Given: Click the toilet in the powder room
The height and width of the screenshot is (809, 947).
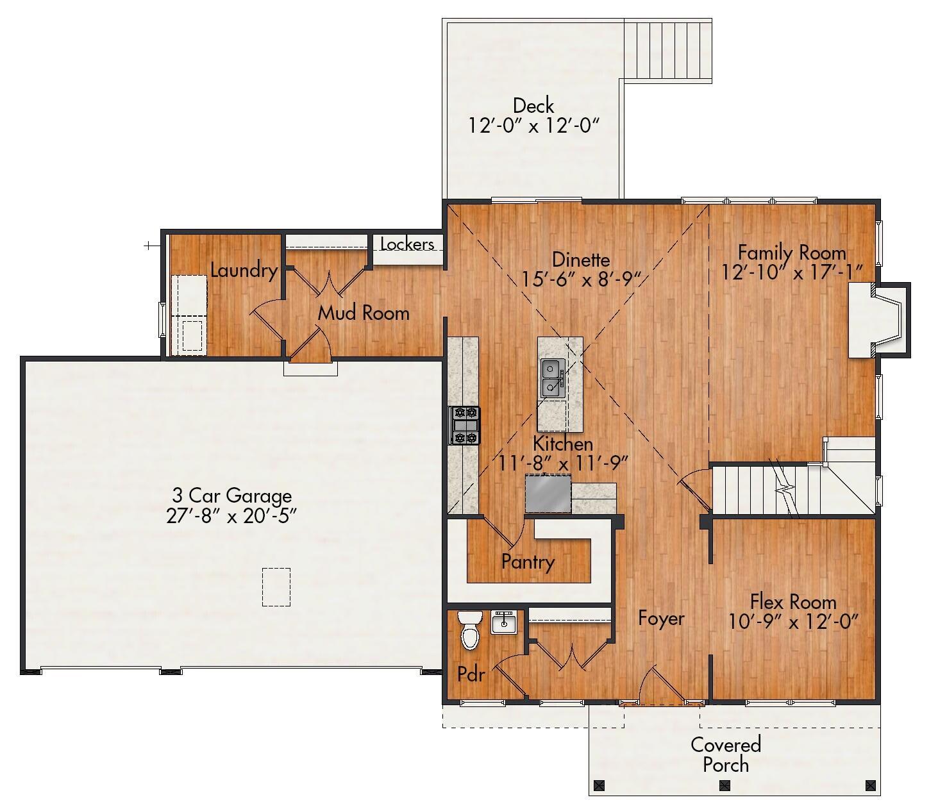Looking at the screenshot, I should (x=470, y=631).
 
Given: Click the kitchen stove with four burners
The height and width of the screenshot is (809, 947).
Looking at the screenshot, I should (x=464, y=426).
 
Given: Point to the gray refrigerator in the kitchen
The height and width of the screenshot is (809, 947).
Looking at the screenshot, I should (x=548, y=494).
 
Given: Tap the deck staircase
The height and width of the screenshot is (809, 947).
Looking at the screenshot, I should (x=668, y=50).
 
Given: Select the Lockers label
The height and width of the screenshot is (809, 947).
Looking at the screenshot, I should (x=407, y=244).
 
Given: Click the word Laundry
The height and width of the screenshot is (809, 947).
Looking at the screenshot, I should (x=244, y=271).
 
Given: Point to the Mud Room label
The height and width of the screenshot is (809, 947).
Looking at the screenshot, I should (x=364, y=313).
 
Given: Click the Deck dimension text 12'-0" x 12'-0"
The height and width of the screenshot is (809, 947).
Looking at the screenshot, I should (x=533, y=125).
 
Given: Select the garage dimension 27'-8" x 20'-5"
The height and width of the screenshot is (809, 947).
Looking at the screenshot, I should (x=231, y=516).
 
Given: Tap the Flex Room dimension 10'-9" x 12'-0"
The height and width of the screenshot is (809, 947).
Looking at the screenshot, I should (x=793, y=621).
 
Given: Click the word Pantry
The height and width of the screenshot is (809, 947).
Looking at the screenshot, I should (x=528, y=562).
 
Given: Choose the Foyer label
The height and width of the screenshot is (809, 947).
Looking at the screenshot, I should (x=661, y=618).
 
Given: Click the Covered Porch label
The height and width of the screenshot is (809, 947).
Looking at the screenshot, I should (x=725, y=755).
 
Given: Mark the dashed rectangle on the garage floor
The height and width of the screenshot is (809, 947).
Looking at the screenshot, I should (x=276, y=587).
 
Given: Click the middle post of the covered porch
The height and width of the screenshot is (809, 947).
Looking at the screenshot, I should (x=725, y=785).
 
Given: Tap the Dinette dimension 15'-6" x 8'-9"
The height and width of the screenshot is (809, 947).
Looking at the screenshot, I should (x=581, y=279).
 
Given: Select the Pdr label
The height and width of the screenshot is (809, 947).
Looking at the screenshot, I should (x=471, y=674).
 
